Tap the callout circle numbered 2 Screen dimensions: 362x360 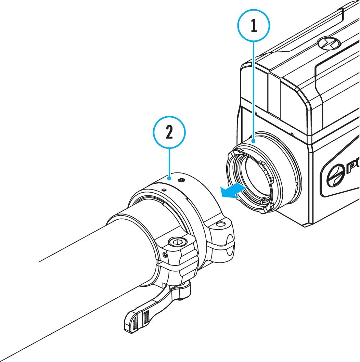169,133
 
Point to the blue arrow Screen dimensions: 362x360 233,190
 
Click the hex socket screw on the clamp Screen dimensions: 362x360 177,243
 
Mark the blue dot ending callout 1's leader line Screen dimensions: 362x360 253,140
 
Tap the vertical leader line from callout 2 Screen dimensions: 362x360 169,163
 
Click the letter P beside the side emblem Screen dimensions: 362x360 352,169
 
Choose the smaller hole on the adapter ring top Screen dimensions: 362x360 164,190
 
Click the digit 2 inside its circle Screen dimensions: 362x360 169,133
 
